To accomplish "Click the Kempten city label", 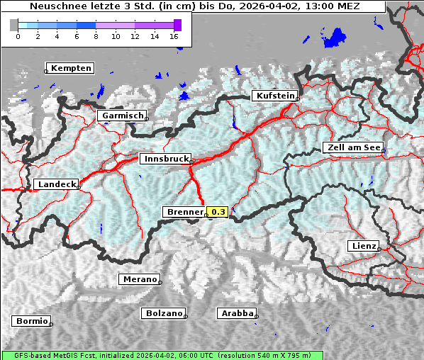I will coord(71,68).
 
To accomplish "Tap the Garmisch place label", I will coord(123,116).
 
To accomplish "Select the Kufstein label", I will coord(274,96).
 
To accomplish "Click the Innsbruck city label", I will coord(164,159).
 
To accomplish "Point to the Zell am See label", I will coord(352,147).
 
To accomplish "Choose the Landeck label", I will coord(56,184).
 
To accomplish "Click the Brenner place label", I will coord(184,212).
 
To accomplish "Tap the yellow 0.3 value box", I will coord(217,212).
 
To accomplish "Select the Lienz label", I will coord(363,246).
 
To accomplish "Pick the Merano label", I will coord(139,279).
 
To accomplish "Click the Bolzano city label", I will coord(164,313).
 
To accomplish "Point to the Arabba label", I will coord(236,313).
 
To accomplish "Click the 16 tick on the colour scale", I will coord(174,36).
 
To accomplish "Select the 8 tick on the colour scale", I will coord(96,36).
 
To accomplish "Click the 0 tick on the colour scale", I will coord(18,36).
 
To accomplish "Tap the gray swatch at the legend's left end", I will coord(13,25).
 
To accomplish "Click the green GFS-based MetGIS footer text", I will coord(162,355).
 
